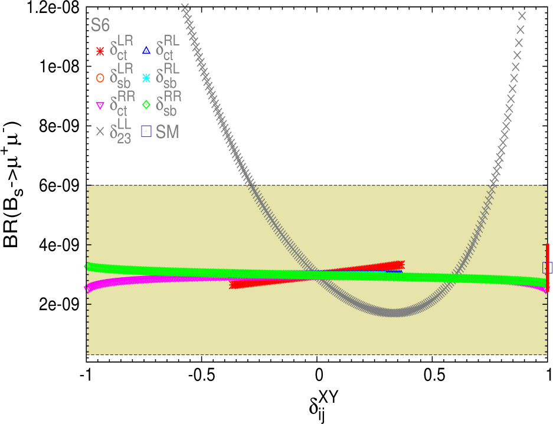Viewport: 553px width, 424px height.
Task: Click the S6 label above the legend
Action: (100, 25)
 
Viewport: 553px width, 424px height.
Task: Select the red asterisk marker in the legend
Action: (100, 51)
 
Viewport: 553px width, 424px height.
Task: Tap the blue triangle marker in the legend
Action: (146, 51)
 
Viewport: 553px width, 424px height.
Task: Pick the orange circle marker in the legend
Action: (100, 78)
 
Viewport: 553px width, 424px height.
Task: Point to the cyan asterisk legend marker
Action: (146, 77)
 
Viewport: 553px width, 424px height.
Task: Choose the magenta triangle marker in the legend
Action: (100, 106)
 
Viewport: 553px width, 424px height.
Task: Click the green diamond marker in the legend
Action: (146, 105)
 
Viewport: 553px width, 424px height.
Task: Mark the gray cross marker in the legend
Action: (100, 132)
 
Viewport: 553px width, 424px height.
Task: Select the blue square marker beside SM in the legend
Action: (146, 131)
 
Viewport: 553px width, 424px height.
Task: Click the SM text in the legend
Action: (167, 132)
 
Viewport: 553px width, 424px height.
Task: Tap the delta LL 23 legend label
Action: (121, 131)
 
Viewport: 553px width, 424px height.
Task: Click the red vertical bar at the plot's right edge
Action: (548, 268)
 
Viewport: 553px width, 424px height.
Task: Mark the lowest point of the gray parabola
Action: (392, 313)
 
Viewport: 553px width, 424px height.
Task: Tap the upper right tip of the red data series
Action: (401, 264)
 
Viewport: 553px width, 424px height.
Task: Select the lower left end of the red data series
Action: (233, 285)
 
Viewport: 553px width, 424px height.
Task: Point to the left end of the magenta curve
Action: (87, 288)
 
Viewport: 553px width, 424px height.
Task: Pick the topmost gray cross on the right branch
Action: (522, 16)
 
